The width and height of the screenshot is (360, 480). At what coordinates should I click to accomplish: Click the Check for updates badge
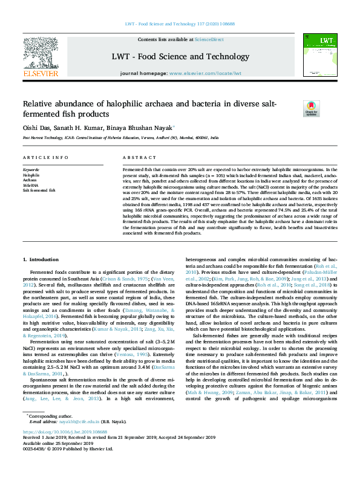click(x=312, y=108)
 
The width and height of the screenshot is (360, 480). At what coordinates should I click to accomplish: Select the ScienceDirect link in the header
click(x=209, y=39)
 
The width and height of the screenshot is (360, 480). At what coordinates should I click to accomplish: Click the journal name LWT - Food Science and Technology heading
click(x=180, y=56)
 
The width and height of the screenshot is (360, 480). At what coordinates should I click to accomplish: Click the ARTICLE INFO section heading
click(x=45, y=157)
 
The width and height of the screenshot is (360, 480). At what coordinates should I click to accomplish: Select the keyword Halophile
click(x=31, y=175)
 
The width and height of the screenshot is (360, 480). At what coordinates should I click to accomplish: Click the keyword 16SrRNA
click(x=31, y=185)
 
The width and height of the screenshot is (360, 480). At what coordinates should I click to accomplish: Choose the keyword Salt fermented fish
click(x=39, y=190)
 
